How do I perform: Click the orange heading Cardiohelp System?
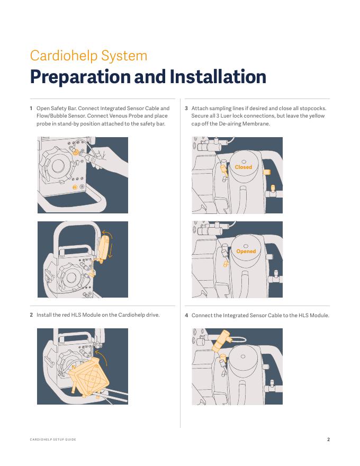pos(88,56)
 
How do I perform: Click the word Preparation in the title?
pos(80,77)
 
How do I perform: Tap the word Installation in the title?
pos(218,76)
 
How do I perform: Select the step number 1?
pos(31,108)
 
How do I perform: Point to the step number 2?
pos(31,315)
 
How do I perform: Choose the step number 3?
pos(186,108)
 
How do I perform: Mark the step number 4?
pos(186,315)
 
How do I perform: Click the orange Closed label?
pos(244,167)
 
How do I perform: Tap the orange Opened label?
pos(246,251)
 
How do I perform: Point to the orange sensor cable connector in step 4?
pos(220,341)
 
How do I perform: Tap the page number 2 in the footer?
pos(328,439)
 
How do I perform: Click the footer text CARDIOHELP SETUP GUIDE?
pos(53,439)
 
